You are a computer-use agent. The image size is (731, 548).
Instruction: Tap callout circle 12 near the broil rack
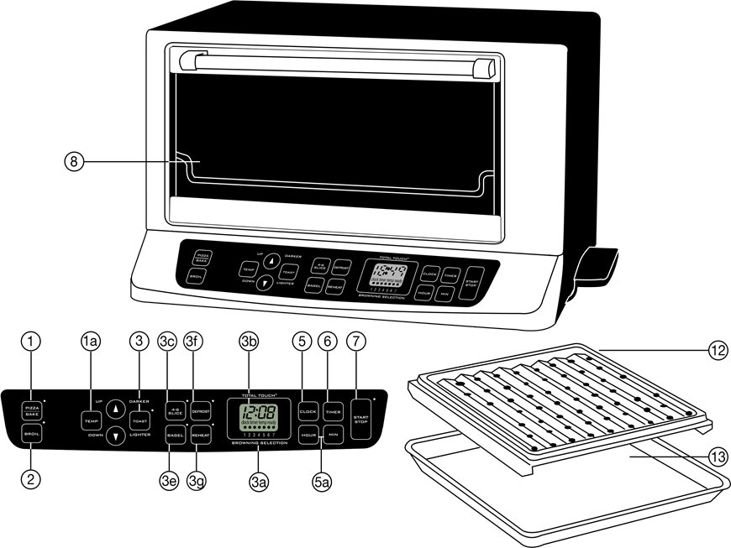[x=717, y=352]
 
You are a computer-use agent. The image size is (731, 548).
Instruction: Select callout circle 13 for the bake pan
[x=717, y=457]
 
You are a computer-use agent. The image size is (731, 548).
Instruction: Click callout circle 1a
[x=91, y=342]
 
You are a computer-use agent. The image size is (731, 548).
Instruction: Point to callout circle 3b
[x=249, y=342]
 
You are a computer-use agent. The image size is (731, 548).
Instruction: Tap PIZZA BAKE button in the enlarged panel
[x=32, y=410]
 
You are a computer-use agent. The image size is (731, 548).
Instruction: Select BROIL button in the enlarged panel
[x=32, y=434]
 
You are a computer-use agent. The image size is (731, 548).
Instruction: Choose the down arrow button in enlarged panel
[x=115, y=435]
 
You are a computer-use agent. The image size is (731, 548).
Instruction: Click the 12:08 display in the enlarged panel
[x=259, y=413]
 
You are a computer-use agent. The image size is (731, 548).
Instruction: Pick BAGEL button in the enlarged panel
[x=175, y=436]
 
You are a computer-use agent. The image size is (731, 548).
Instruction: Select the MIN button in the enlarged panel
[x=333, y=436]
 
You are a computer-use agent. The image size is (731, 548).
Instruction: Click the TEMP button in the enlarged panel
[x=90, y=420]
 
